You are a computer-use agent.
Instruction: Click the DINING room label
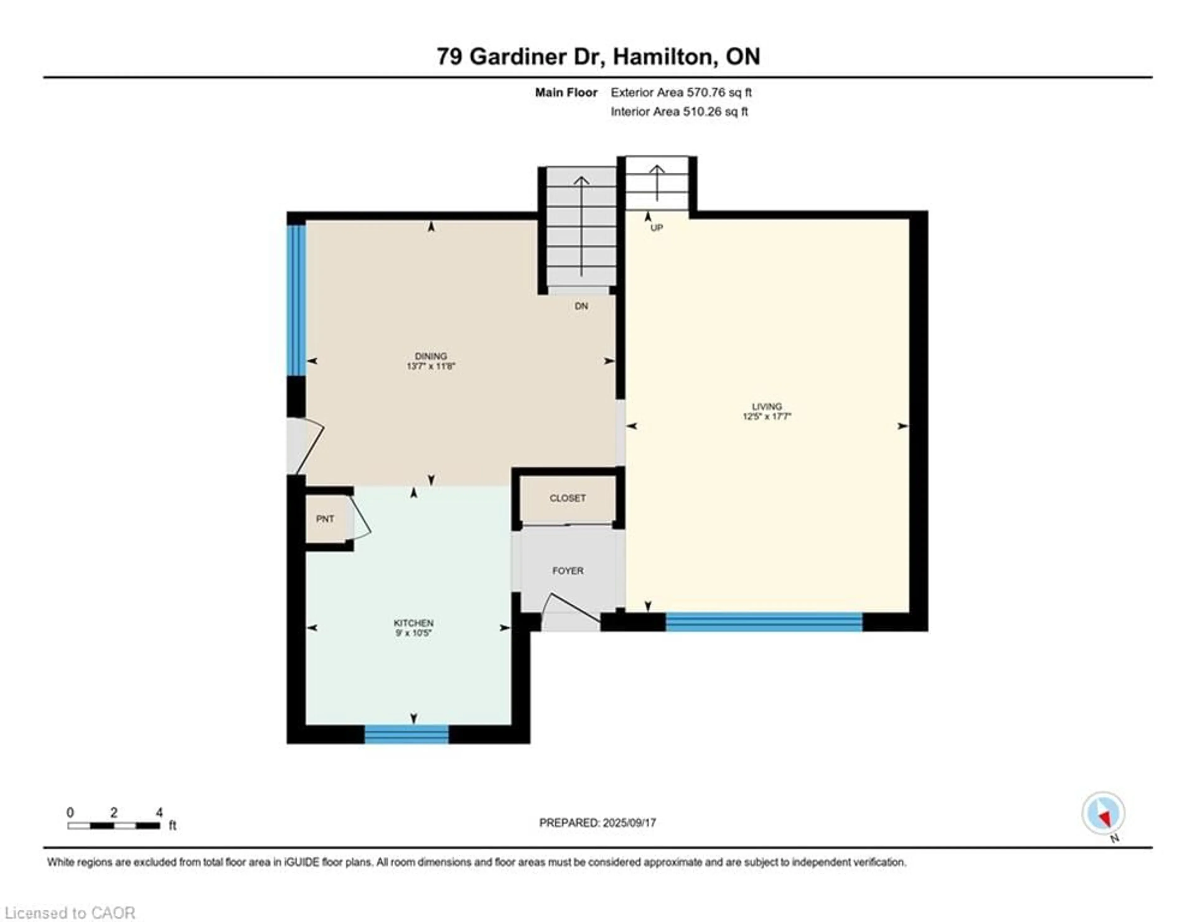pyautogui.click(x=431, y=356)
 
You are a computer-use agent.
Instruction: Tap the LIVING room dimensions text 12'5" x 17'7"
pyautogui.click(x=766, y=416)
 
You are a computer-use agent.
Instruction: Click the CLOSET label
pyautogui.click(x=567, y=498)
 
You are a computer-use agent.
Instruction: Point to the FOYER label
pyautogui.click(x=567, y=571)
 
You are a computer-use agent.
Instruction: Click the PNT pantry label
pyautogui.click(x=325, y=519)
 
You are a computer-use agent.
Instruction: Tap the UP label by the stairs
pyautogui.click(x=657, y=227)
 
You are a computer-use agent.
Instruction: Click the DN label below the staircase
pyautogui.click(x=581, y=306)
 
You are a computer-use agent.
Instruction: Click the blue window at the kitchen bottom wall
pyautogui.click(x=406, y=734)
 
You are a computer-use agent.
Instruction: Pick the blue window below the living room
pyautogui.click(x=764, y=622)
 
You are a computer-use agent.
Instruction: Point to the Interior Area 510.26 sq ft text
pyautogui.click(x=679, y=112)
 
